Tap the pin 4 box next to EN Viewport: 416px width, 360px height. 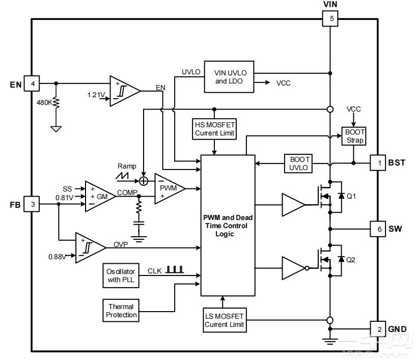click(33, 84)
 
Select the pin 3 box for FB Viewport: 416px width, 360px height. click(33, 204)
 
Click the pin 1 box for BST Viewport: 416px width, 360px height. click(377, 163)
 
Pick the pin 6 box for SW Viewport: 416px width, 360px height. click(377, 229)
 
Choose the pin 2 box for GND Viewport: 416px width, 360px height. click(377, 329)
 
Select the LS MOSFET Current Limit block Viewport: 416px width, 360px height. click(224, 320)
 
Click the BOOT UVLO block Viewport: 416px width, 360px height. click(299, 163)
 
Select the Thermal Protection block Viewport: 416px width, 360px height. click(121, 311)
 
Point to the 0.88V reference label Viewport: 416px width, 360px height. click(57, 256)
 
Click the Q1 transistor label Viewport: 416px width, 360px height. click(351, 196)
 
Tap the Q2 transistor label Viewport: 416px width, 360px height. click(351, 260)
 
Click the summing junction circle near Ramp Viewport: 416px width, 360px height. click(144, 180)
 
